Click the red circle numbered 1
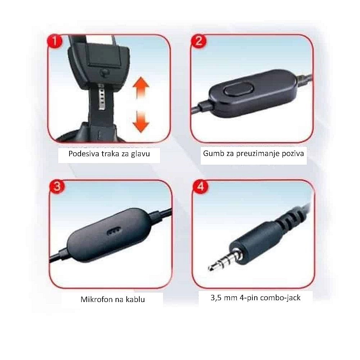[55, 41]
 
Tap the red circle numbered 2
[199, 41]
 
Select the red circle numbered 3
[57, 186]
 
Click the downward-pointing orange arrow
[141, 122]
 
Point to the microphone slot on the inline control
[114, 231]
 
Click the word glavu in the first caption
[140, 154]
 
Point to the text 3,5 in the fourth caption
[216, 298]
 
